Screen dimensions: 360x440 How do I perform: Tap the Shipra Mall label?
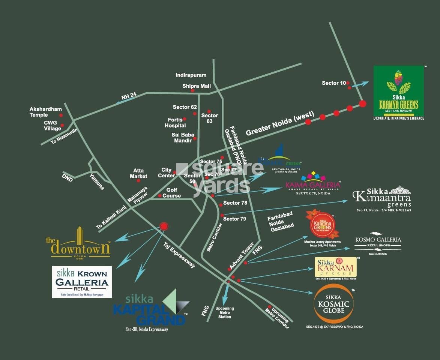pos(196,86)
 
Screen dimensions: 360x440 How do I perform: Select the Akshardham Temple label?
pos(45,112)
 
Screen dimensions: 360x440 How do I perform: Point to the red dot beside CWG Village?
pos(62,125)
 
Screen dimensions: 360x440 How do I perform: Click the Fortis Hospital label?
pos(176,123)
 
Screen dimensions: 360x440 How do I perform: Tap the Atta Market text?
pos(138,173)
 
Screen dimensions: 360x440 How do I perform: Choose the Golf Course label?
pos(171,193)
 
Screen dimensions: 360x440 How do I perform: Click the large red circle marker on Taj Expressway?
pos(163,226)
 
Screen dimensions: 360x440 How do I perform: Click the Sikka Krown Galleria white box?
pos(82,282)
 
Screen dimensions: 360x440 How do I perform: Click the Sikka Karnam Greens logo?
pos(336,267)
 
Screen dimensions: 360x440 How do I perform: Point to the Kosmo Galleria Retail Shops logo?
pos(378,241)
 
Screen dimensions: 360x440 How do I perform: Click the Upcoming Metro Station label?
pos(225,313)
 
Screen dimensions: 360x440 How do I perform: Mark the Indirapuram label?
pos(191,75)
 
